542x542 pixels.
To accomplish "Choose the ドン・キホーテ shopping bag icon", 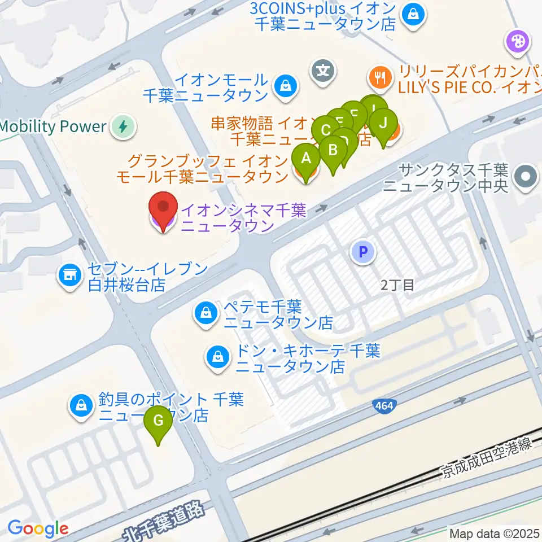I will pos(217,356).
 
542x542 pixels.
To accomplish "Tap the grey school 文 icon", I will pos(322,71).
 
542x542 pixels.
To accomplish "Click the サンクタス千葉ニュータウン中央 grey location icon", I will pos(526,176).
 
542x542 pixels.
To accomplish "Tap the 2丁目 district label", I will pos(397,285).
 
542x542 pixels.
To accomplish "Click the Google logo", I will pos(38,528).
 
